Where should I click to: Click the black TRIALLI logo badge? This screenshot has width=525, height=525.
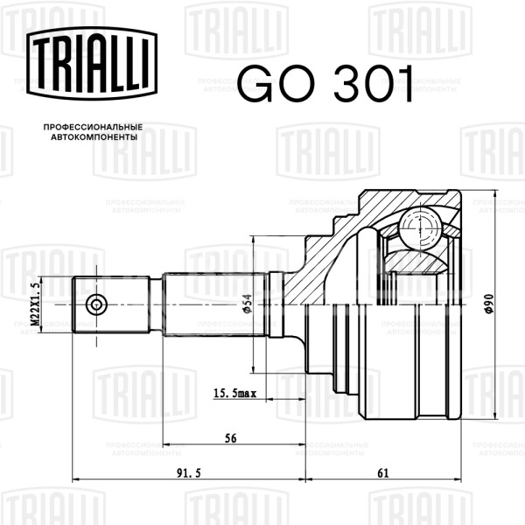point(92,63)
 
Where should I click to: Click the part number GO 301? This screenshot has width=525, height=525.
point(325,83)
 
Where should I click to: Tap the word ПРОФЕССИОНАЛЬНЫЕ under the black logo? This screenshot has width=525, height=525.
point(93,127)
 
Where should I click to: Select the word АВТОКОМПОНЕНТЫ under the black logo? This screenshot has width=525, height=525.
point(94,137)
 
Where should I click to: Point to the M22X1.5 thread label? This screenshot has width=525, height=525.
point(35,304)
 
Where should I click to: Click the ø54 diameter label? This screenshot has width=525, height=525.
point(247,304)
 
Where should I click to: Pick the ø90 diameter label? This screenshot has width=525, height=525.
point(489,304)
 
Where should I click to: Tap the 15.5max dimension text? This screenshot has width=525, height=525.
point(234,393)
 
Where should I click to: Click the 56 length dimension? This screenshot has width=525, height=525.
point(230,438)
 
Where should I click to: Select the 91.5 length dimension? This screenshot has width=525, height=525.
point(188,473)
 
